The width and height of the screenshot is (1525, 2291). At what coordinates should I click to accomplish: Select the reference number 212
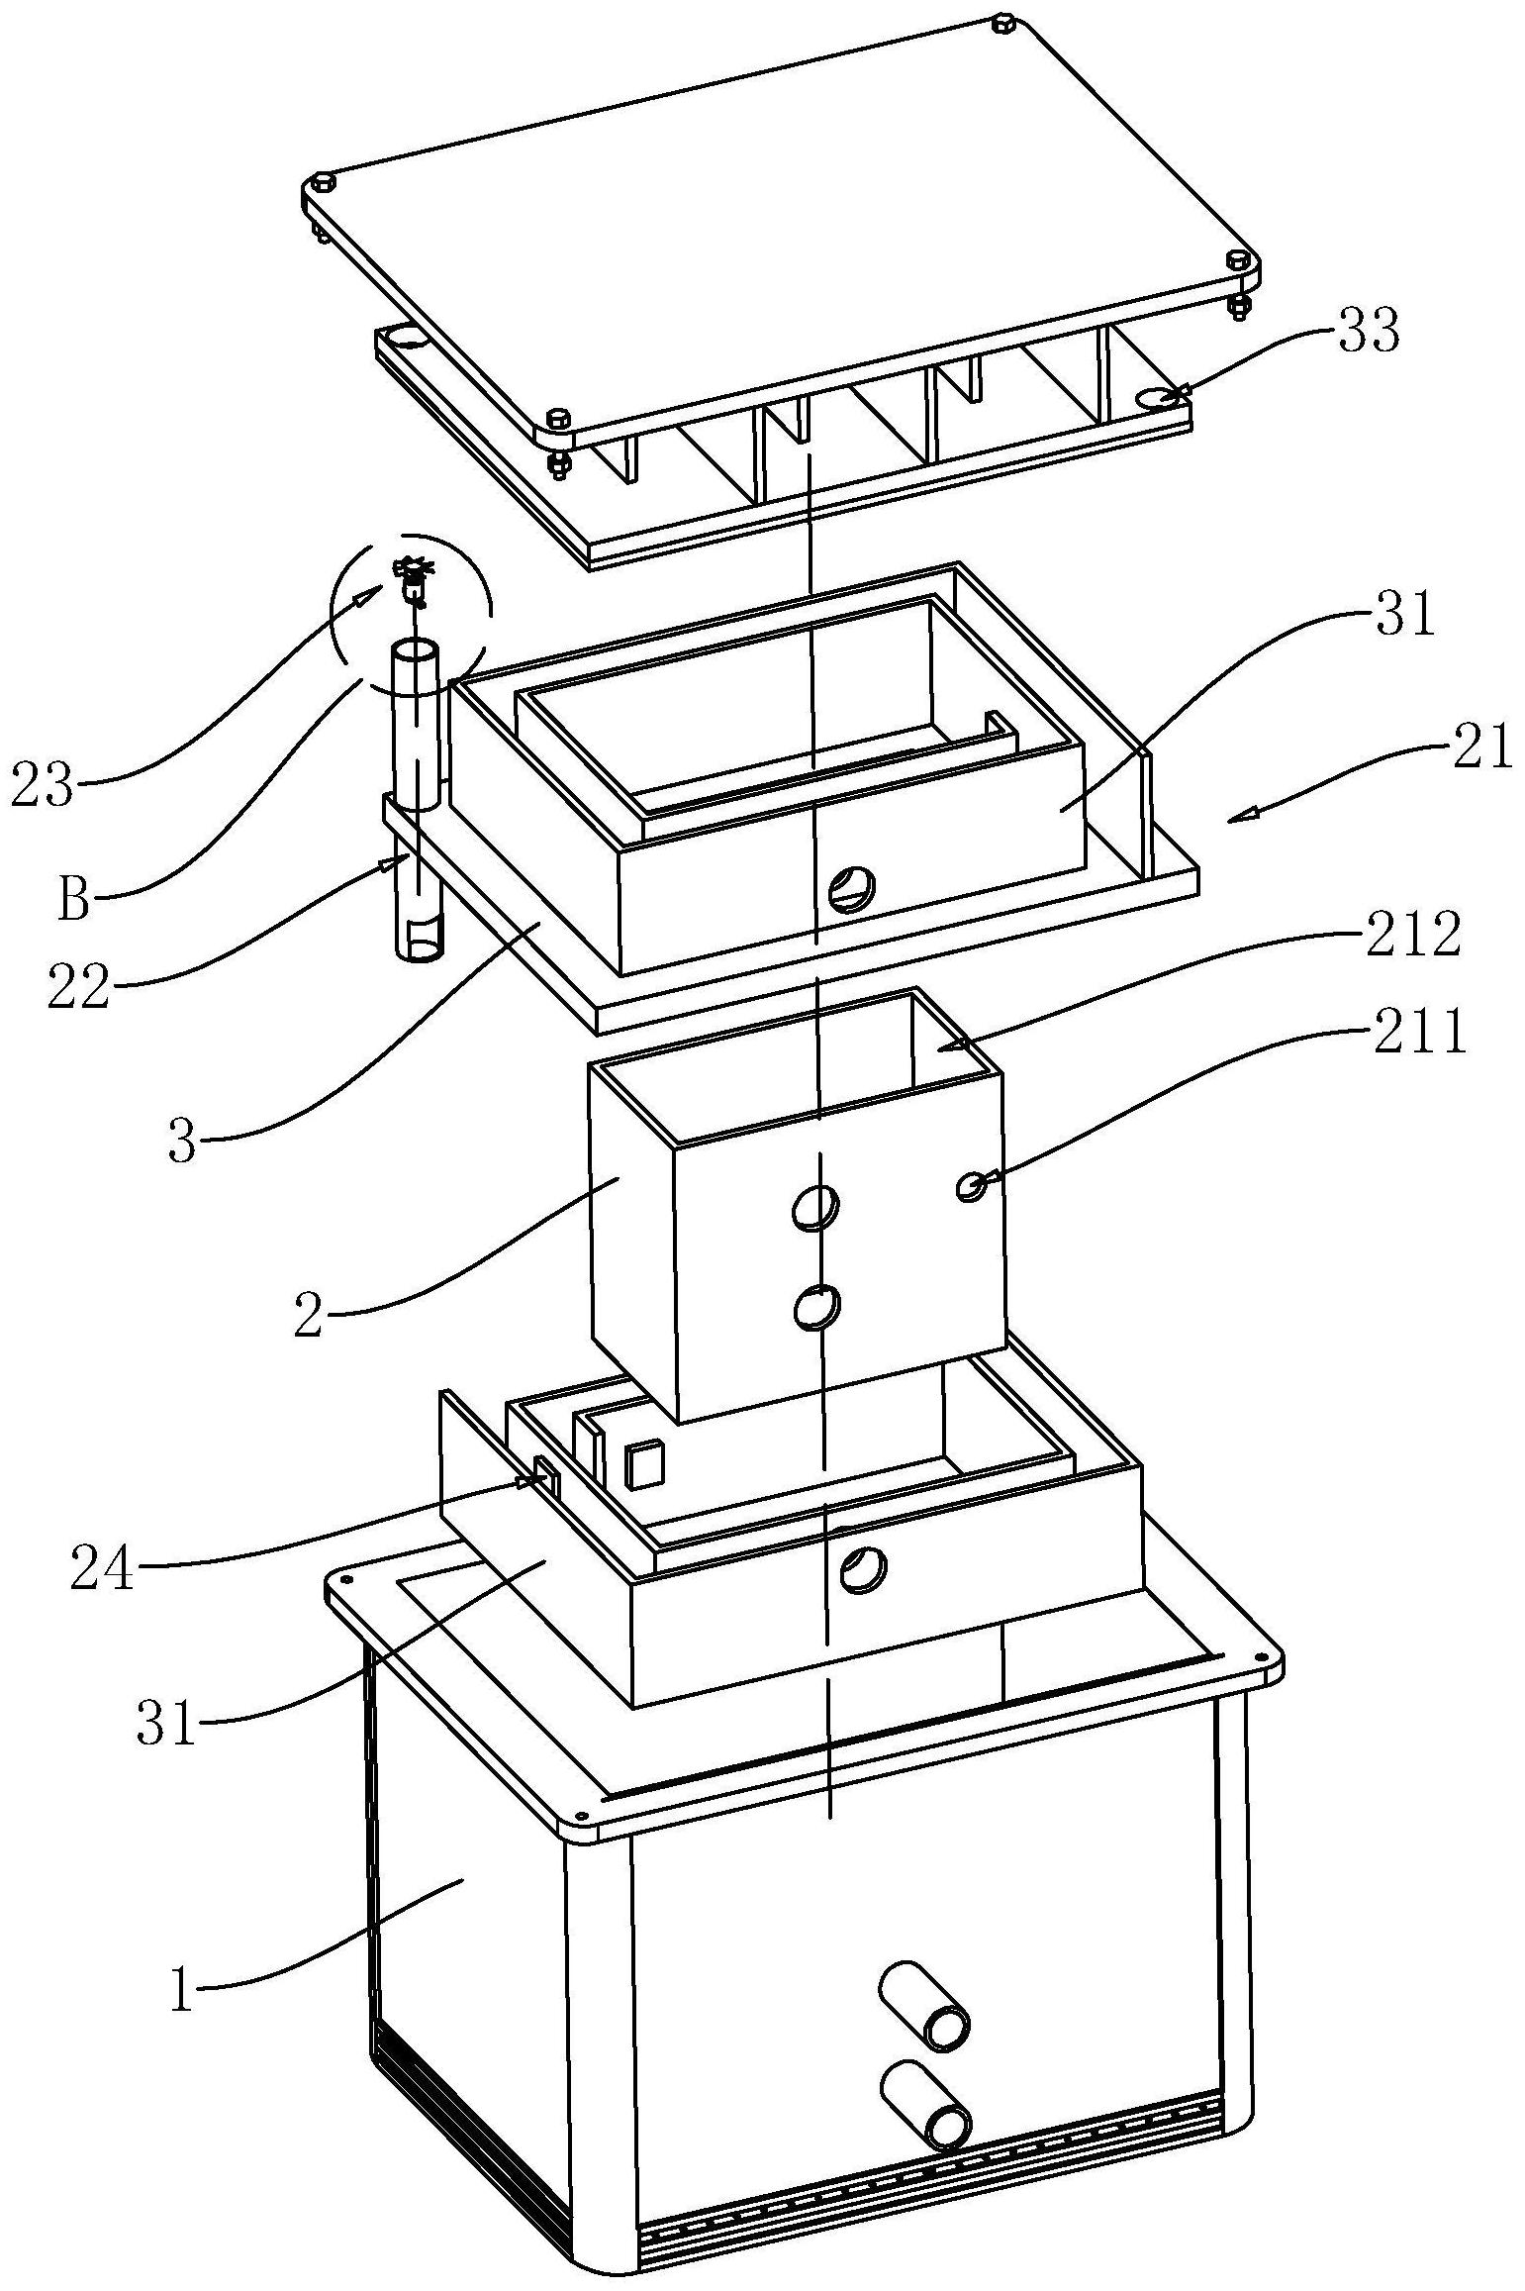click(1412, 935)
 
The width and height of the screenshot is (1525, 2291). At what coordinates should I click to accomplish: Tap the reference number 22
click(78, 988)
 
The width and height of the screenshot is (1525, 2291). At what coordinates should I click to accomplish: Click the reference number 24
click(102, 1570)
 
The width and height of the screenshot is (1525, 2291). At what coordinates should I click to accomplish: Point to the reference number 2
click(309, 1317)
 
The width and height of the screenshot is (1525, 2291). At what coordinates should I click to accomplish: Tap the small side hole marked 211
click(971, 1185)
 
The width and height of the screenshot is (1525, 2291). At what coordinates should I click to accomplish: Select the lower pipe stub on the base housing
click(924, 2095)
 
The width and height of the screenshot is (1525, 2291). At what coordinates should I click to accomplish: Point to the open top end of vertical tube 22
click(416, 653)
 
